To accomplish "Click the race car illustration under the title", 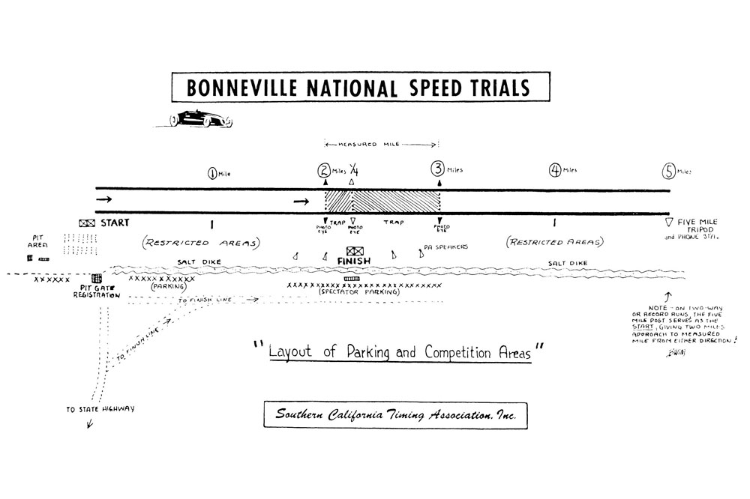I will pyautogui.click(x=200, y=118).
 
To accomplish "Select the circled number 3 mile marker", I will pyautogui.click(x=438, y=170).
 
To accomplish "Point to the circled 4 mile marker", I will pyautogui.click(x=556, y=170).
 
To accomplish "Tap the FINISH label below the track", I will pyautogui.click(x=355, y=262).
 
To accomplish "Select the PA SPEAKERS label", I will pyautogui.click(x=446, y=246).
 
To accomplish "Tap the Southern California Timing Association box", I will pyautogui.click(x=394, y=414).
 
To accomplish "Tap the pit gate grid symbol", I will pyautogui.click(x=97, y=279).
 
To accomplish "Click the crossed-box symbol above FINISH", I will pyautogui.click(x=355, y=251).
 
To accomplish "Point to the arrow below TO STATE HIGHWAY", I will pyautogui.click(x=91, y=423).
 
